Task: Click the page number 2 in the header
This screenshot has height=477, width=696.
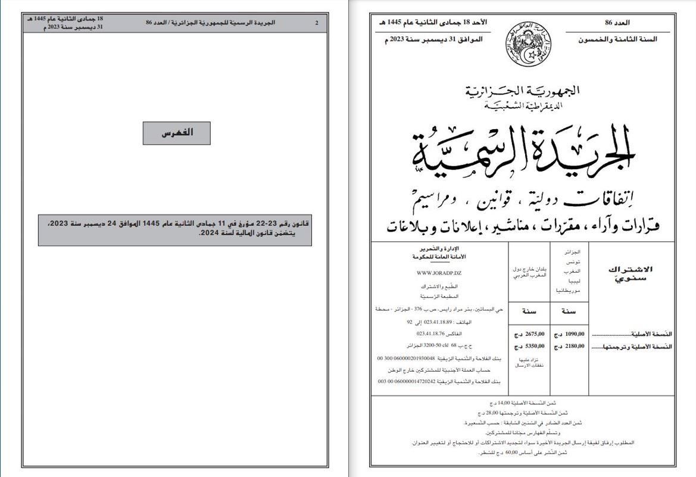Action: pyautogui.click(x=317, y=23)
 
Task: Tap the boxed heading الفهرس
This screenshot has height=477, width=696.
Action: pyautogui.click(x=177, y=133)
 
